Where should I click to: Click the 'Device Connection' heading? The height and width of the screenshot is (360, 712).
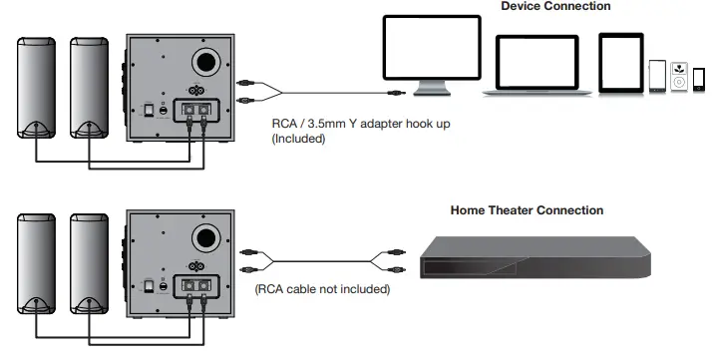coord(555,7)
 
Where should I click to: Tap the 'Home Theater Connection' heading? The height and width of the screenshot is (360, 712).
coord(527,210)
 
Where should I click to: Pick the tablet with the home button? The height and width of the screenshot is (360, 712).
coord(620,62)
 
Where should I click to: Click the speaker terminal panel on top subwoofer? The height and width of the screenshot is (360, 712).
coord(195,108)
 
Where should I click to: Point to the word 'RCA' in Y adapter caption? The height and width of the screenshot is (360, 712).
coord(285,125)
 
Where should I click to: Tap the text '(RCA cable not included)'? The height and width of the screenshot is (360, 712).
coord(322,290)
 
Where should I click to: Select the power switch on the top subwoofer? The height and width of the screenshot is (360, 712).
coord(149,109)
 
